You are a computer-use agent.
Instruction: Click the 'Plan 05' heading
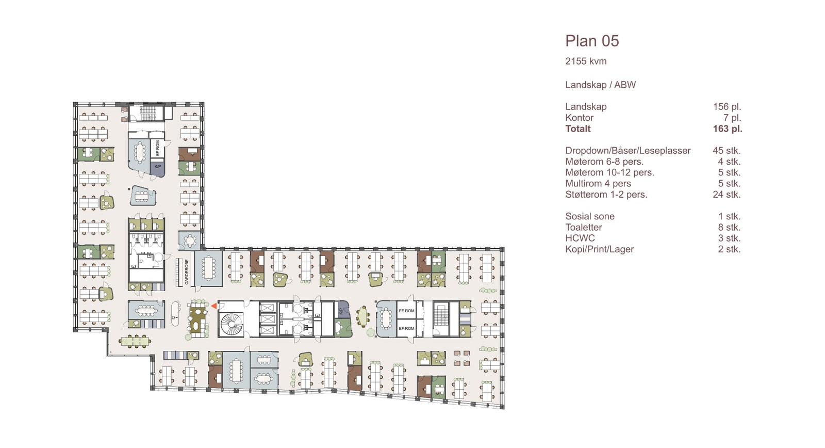592,41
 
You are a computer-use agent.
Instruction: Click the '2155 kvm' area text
586,61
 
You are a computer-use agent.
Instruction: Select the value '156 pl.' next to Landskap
727,107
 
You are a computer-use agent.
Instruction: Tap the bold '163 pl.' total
727,129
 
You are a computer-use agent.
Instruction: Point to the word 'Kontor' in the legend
580,118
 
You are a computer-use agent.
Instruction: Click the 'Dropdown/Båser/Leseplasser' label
628,151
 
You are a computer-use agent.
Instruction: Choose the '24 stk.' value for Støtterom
726,195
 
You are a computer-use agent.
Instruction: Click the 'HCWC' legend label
580,238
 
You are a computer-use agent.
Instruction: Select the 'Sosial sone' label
590,217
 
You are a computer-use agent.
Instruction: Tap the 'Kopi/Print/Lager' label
599,249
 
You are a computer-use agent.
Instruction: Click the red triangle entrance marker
213,306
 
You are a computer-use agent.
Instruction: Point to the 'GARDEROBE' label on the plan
187,272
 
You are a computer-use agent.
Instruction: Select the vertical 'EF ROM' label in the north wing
158,149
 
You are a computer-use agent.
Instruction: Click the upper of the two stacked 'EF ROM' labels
406,311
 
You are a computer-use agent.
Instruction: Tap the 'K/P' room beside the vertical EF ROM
158,167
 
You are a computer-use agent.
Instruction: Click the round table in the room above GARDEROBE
190,241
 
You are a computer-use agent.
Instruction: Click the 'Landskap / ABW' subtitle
600,85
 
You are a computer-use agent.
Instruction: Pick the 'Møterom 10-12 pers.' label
609,173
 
